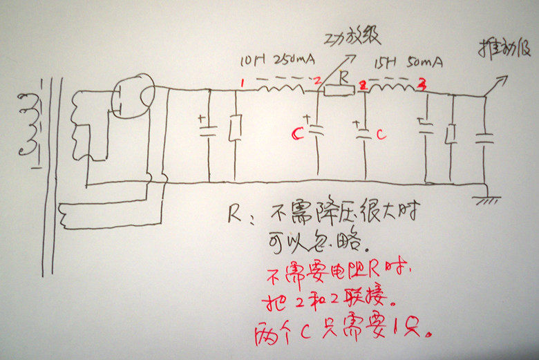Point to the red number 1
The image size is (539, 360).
242,83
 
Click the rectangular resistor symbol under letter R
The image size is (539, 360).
339,89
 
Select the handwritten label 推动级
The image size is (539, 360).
503,49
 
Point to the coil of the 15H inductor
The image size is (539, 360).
393,88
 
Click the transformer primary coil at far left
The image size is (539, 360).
29,124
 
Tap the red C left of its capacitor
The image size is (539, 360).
297,133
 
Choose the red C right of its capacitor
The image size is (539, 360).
381,135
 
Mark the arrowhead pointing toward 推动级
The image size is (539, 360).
503,80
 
